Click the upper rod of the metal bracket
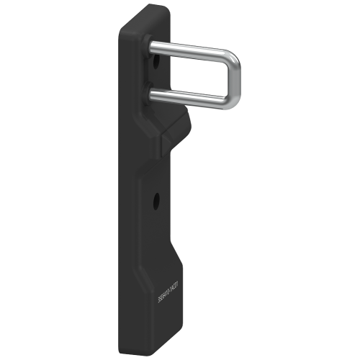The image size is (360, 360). (191, 50)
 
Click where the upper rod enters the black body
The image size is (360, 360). (153, 46)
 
